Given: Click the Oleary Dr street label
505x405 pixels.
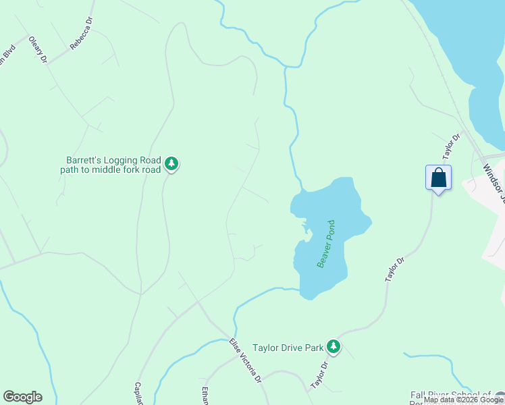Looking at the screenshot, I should point(37,50).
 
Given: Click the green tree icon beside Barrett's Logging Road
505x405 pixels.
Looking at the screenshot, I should point(171,163).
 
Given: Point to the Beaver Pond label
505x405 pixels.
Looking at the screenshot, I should point(327,244).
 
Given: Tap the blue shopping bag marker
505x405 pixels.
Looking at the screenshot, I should point(438,178).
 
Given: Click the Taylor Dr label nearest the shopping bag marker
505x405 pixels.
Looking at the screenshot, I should point(451,145).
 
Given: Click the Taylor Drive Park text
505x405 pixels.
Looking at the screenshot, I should point(288,348).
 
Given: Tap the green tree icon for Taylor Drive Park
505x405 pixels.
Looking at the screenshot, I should point(333,346).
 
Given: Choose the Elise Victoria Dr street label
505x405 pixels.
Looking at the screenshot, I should point(245,361).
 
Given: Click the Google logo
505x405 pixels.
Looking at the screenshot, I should point(22,397).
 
